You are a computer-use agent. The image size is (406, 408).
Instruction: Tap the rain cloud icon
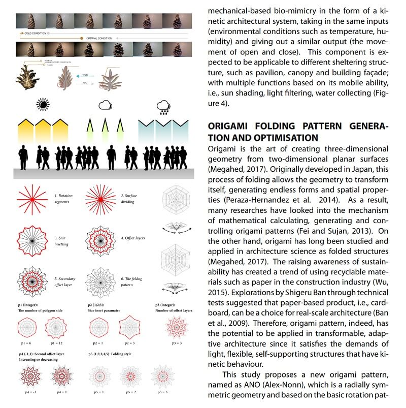click(163, 106)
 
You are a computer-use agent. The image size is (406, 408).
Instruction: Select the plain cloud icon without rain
click(105, 105)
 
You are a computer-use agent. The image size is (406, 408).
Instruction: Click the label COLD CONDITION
click(35, 33)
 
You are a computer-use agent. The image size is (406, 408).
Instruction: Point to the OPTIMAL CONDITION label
click(99, 38)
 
